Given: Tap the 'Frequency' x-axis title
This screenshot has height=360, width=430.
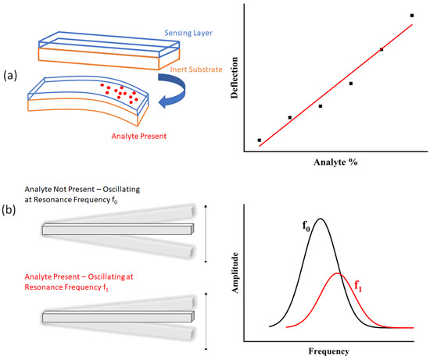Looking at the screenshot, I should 335,351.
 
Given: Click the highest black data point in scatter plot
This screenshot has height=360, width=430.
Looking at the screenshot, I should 412,16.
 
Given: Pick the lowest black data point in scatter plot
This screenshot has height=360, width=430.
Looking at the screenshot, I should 259,141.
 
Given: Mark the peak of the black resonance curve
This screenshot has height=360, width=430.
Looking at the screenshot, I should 319,219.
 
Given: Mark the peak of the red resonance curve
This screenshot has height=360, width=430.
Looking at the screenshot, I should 338,273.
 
